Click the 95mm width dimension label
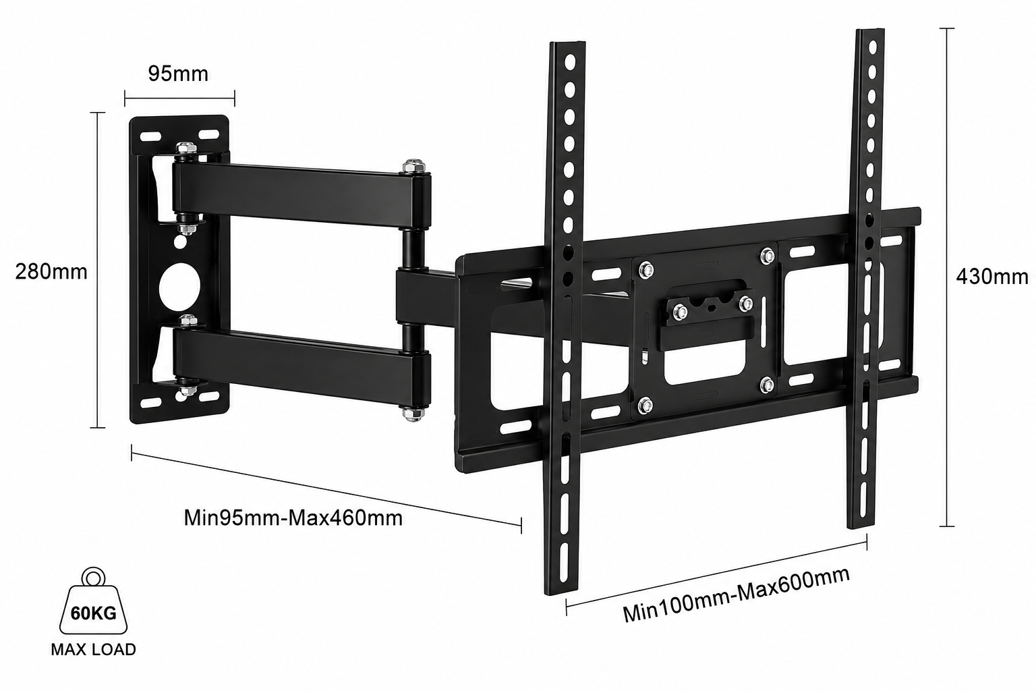178,74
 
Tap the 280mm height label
51,272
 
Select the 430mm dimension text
992,277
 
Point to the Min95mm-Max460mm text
293,518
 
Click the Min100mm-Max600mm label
737,595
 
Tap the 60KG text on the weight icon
94,613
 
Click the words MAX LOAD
94,649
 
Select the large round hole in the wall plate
179,287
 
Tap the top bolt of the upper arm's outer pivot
414,166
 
